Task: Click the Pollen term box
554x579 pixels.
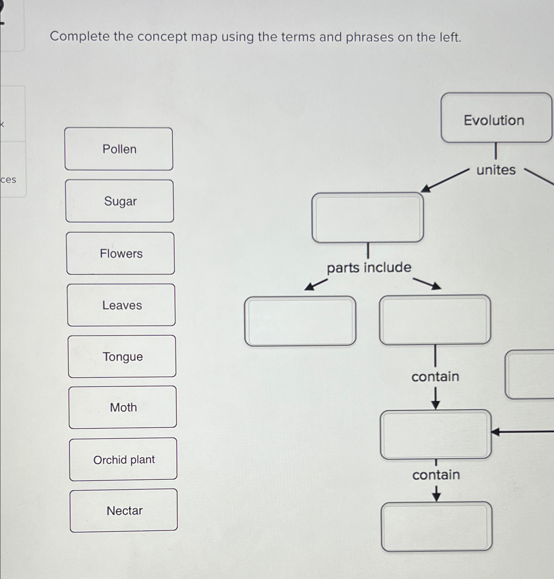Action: tap(119, 149)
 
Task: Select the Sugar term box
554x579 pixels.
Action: tap(120, 201)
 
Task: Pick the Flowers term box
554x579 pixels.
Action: tap(120, 253)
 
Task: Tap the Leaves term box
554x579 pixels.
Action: tap(121, 305)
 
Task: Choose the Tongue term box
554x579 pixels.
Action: tap(122, 356)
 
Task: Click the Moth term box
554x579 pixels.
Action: tap(123, 407)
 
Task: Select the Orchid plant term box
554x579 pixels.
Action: tap(123, 459)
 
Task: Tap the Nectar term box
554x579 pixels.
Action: tap(124, 511)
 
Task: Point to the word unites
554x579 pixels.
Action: tap(496, 170)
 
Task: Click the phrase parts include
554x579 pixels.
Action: tap(369, 267)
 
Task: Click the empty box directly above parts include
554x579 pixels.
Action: tap(368, 218)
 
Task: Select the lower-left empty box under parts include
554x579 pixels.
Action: tap(300, 321)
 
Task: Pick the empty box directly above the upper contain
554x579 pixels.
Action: tap(435, 320)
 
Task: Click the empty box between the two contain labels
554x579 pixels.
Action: tap(435, 434)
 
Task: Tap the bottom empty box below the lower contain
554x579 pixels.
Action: tap(436, 526)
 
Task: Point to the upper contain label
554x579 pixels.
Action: tap(435, 377)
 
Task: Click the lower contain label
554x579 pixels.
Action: tap(436, 475)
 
